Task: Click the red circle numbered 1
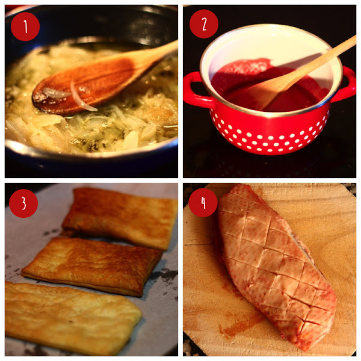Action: pyautogui.click(x=25, y=26)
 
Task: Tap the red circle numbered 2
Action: pyautogui.click(x=204, y=23)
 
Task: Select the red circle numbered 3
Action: pyautogui.click(x=23, y=203)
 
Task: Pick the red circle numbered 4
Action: pyautogui.click(x=203, y=203)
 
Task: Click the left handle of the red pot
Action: pyautogui.click(x=196, y=90)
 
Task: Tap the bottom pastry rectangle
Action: pyautogui.click(x=72, y=318)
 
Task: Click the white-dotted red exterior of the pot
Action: pyautogui.click(x=270, y=134)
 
